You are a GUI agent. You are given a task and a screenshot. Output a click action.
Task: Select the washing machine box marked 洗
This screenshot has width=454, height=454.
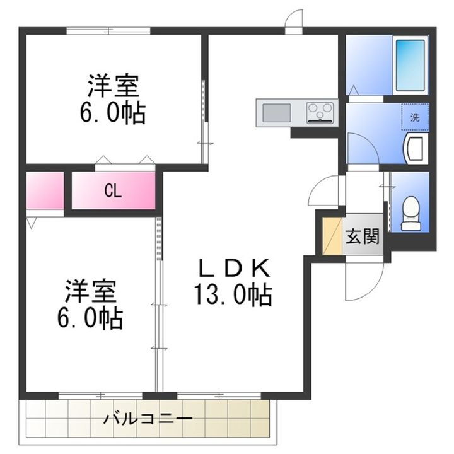415,117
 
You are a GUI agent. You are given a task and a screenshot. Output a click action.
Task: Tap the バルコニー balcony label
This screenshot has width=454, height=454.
149,419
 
